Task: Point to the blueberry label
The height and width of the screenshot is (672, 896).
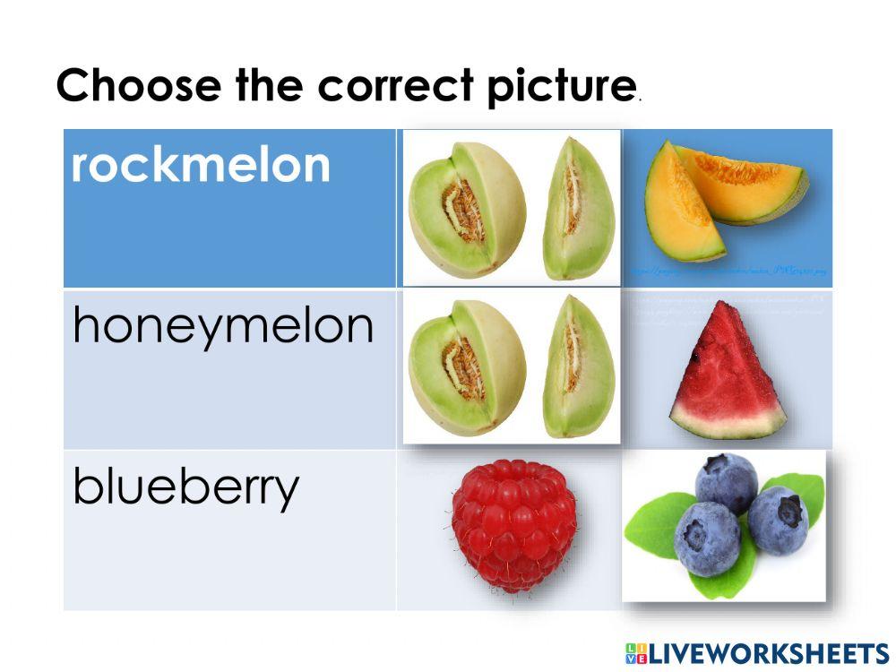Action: (x=185, y=487)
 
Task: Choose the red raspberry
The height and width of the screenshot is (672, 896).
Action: (x=513, y=525)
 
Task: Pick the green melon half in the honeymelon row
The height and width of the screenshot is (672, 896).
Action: (x=466, y=368)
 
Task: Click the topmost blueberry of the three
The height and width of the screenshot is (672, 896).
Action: (x=727, y=483)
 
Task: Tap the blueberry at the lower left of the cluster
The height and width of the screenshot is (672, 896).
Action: (x=706, y=538)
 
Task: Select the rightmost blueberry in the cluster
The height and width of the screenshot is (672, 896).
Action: (x=778, y=520)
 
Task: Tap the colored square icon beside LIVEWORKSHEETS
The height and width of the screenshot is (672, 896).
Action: (x=636, y=652)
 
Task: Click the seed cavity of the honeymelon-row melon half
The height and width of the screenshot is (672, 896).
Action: (x=463, y=368)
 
